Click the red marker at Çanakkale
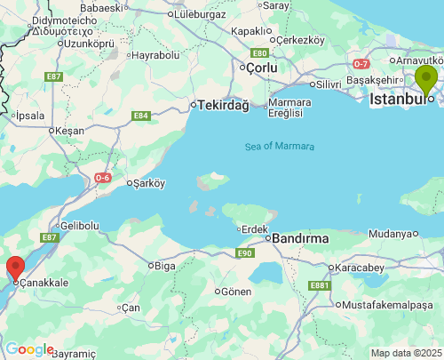(15, 268)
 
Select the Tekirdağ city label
(223, 105)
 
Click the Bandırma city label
(300, 238)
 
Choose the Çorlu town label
(262, 68)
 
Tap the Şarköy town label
(149, 184)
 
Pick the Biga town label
(165, 265)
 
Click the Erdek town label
(254, 229)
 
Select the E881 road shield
(320, 285)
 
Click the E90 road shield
(246, 253)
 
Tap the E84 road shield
(140, 116)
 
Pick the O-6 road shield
(103, 178)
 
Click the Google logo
(28, 349)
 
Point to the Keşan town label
(68, 131)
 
